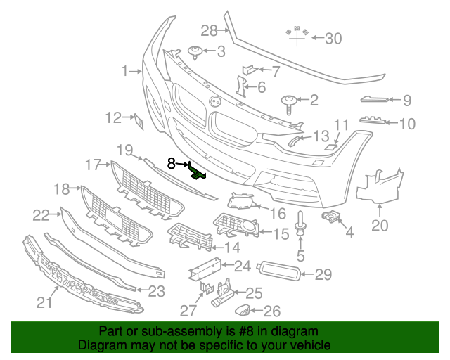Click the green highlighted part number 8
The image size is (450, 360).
click(x=198, y=171)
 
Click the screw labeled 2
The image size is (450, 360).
click(x=289, y=103)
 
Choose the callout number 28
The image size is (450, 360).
click(x=209, y=30)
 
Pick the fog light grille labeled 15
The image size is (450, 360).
click(x=236, y=226)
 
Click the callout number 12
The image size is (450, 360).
click(x=114, y=118)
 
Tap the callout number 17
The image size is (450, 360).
click(x=94, y=165)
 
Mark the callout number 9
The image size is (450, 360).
click(x=406, y=101)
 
